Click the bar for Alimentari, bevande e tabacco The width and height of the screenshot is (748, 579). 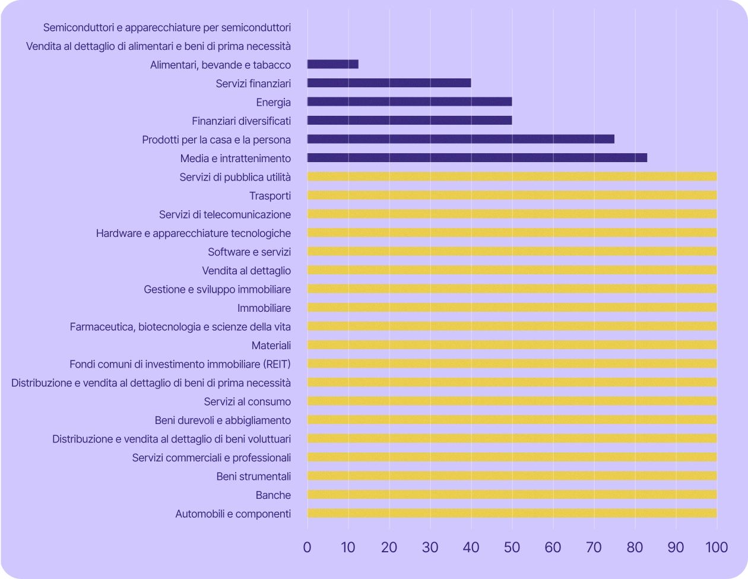pos(332,64)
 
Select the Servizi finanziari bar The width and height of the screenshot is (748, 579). pos(389,83)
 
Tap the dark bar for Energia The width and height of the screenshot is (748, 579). pos(410,102)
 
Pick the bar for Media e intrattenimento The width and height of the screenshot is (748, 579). pos(477,158)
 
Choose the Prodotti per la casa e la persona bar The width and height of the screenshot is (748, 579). pos(461,139)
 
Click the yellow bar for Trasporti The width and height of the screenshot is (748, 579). pos(512,195)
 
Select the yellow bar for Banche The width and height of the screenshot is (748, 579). pos(512,495)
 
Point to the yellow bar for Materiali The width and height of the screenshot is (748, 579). pos(512,345)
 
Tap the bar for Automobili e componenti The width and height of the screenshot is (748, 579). pos(512,513)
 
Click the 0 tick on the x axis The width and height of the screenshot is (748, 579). pos(307,548)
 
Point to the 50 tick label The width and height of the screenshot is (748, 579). pos(512,548)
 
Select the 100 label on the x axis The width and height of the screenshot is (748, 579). pos(717,548)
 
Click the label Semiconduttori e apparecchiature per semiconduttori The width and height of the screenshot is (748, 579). pos(167,27)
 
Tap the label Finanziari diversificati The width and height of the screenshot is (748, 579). pos(241,121)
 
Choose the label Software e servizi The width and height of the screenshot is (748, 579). pos(249,252)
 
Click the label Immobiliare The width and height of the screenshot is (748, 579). pos(264,308)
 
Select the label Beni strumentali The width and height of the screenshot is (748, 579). pos(253,476)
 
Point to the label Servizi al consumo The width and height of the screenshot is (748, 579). pos(247,401)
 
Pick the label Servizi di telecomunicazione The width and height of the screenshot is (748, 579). pos(225,214)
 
